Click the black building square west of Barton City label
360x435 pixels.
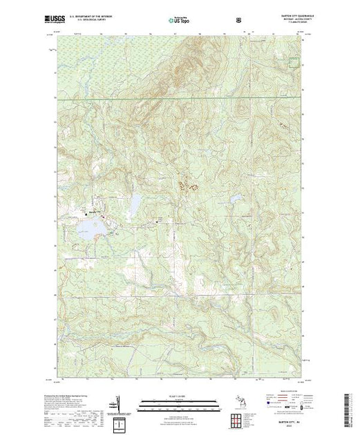pyautogui.click(x=86, y=213)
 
